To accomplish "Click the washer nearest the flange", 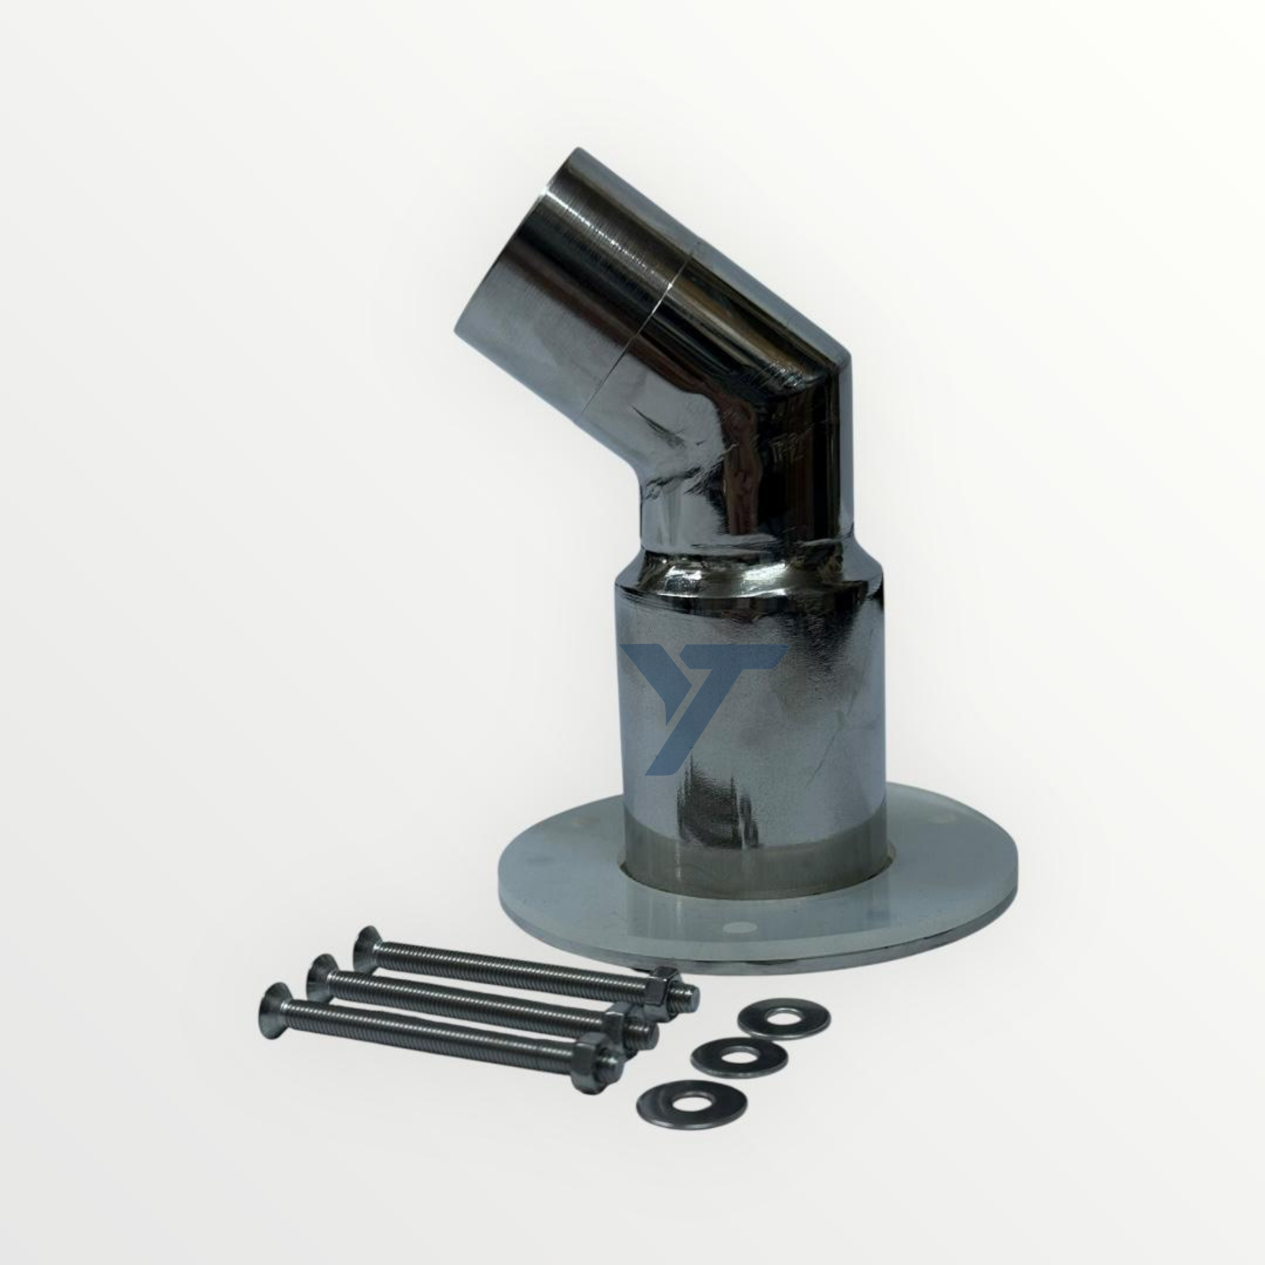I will pos(784,1021).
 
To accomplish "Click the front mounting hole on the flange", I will pos(739,927).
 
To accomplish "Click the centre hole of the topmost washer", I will pos(784,1021).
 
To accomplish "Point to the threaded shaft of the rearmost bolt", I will pos(510,969).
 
